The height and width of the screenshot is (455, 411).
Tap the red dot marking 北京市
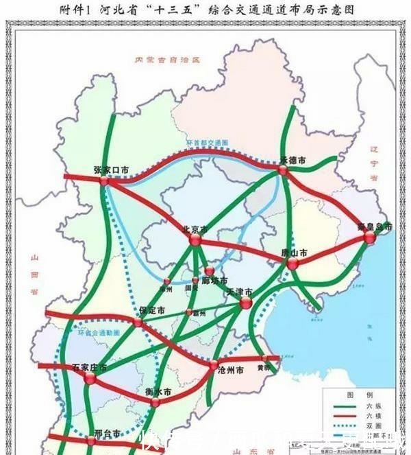(194, 241)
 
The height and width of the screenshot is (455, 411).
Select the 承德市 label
(292, 160)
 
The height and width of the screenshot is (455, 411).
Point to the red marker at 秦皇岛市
(370, 237)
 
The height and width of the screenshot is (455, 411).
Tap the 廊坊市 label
(214, 281)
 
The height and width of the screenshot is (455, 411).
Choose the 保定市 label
(151, 310)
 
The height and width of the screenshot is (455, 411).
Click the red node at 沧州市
(214, 364)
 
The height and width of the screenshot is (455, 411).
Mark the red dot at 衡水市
(156, 402)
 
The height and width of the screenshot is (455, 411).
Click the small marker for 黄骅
(264, 358)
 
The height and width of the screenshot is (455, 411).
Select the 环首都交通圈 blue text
(206, 143)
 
